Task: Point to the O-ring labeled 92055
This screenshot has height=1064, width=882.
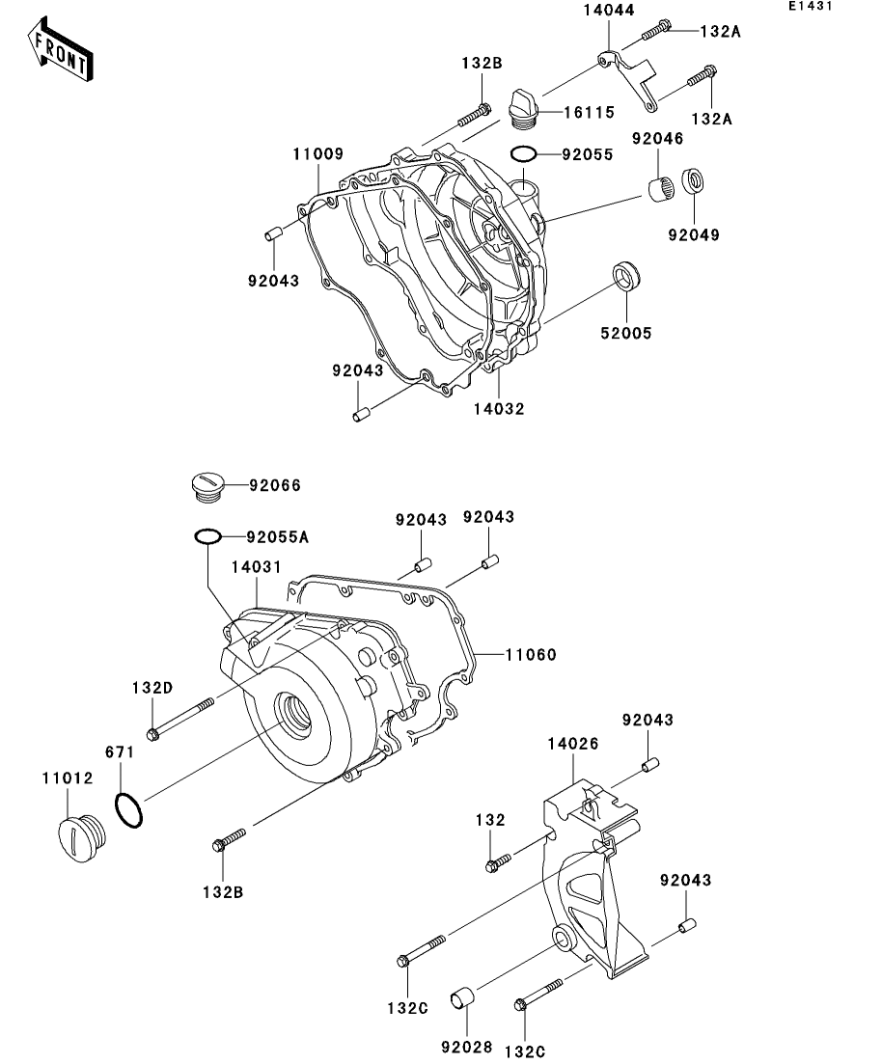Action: pyautogui.click(x=522, y=153)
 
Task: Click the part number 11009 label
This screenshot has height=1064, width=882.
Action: pyautogui.click(x=319, y=153)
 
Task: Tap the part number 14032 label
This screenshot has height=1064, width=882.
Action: pyautogui.click(x=499, y=408)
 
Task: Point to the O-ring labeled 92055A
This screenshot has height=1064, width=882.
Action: pyautogui.click(x=208, y=536)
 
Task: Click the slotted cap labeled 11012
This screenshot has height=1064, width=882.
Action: pyautogui.click(x=77, y=833)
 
